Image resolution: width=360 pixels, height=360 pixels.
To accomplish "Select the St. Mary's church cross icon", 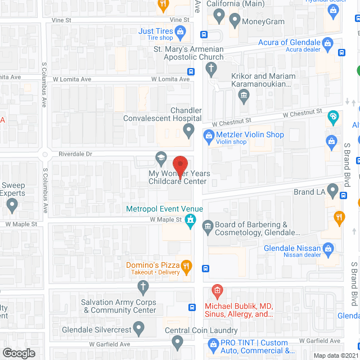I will [211, 70].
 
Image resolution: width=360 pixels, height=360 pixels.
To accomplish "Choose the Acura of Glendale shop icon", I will [328, 43].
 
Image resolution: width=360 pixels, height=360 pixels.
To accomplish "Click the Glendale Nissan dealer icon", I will [329, 249].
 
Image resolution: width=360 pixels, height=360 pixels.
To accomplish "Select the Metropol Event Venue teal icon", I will [191, 219].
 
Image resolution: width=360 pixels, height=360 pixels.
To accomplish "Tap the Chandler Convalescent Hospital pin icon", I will [189, 132].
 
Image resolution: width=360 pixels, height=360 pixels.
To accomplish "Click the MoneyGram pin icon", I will [234, 21].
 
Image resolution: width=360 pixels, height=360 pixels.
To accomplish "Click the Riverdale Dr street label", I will [75, 154].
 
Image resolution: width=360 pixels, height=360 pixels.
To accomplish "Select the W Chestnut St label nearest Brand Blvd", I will [301, 114].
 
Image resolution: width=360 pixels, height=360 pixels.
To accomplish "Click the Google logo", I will [19, 353].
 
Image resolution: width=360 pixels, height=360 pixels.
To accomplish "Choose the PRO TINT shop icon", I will [213, 343].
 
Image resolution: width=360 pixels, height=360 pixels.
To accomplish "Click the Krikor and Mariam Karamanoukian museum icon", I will [244, 95].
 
